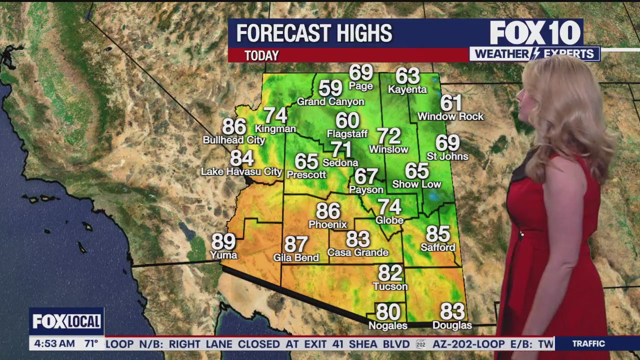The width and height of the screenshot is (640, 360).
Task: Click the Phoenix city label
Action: coord(327,224)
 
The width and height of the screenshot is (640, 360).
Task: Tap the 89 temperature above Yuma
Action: coord(223,242)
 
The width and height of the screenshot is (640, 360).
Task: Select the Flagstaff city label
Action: coord(347,134)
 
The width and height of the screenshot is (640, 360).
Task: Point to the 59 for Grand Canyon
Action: coord(330,88)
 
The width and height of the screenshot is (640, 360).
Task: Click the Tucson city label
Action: coord(390,286)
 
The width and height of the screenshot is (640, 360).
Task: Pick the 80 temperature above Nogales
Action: coord(388,312)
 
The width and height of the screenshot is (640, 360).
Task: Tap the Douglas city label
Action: coord(452,325)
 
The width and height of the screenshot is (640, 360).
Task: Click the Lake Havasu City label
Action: coord(241,172)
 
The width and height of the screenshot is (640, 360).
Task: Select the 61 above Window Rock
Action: coord(450,103)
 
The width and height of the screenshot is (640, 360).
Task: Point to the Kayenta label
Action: coord(407,90)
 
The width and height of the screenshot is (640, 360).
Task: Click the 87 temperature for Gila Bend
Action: coord(296,245)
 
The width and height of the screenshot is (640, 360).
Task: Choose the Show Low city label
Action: coord(416,184)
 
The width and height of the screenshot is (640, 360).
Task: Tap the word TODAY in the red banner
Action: coord(261,55)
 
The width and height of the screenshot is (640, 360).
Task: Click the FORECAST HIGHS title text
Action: coord(314,33)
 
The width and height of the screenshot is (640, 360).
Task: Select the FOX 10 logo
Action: coord(535,33)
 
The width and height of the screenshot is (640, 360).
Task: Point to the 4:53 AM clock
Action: coord(54,344)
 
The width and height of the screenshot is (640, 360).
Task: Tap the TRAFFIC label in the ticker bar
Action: coord(588,344)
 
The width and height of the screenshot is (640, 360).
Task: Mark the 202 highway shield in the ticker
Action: coord(420,344)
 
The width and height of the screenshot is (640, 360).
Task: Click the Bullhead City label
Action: coord(233,140)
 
